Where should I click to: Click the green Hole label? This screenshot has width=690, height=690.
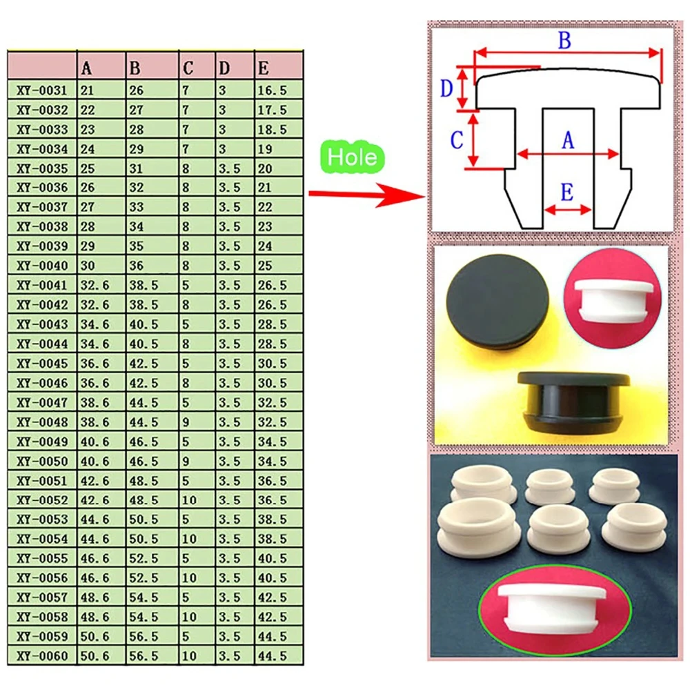point(353,157)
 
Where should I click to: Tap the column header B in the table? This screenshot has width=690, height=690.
point(135,68)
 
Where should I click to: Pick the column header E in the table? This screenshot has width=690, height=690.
point(263,68)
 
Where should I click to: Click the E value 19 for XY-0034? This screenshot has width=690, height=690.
point(266,149)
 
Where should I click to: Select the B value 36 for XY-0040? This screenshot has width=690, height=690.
point(137,266)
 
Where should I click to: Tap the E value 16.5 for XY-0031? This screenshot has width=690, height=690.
point(271,90)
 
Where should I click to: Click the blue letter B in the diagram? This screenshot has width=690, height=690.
point(564,41)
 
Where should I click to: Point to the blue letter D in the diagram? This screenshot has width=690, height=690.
point(447,88)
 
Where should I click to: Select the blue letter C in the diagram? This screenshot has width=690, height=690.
point(456,141)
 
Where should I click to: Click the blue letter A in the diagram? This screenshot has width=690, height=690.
point(567,141)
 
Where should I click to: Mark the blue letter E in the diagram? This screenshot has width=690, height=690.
point(566,193)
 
